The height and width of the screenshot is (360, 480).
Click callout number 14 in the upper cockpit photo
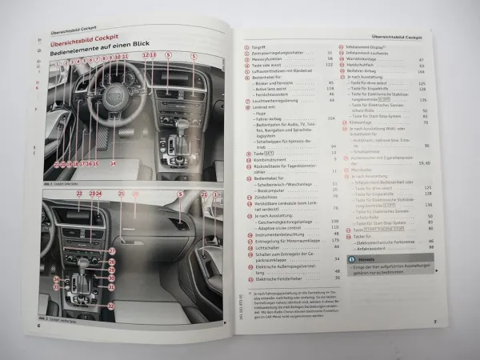113,163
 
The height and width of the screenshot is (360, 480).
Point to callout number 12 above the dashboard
146,55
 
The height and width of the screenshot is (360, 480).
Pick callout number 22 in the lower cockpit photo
78,194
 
